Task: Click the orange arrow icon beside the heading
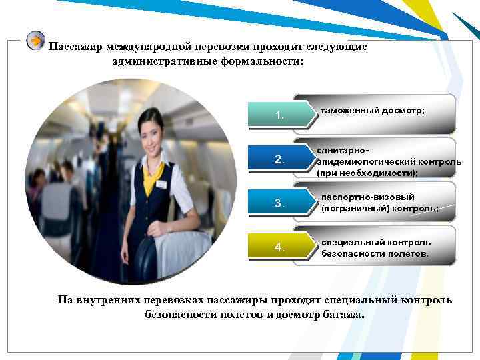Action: click(x=35, y=41)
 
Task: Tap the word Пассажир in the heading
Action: click(x=75, y=47)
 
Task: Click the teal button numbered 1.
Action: click(x=280, y=116)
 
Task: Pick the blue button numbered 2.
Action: click(x=280, y=160)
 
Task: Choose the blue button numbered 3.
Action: click(x=280, y=204)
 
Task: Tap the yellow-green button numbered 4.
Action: click(x=280, y=248)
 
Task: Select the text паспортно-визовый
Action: click(x=367, y=197)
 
